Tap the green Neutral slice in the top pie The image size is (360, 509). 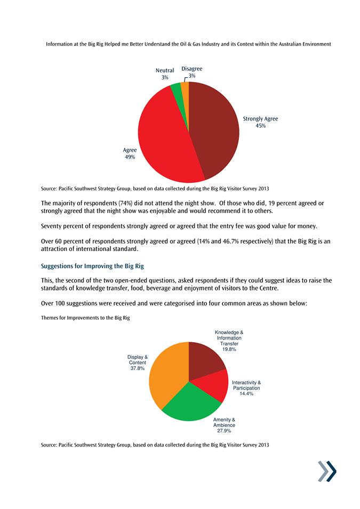click(x=176, y=86)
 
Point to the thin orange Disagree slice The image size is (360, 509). click(x=185, y=85)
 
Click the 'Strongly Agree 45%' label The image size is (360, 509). click(x=260, y=122)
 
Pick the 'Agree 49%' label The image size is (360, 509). click(x=130, y=153)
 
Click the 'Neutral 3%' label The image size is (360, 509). click(x=165, y=74)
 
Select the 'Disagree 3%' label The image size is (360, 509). click(x=192, y=72)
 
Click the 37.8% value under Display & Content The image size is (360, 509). click(x=138, y=368)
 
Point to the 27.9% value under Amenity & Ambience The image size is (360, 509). click(x=224, y=431)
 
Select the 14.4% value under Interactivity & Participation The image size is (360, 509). click(x=246, y=394)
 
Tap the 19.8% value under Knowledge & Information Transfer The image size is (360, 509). click(x=229, y=349)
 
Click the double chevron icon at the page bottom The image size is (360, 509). click(x=327, y=472)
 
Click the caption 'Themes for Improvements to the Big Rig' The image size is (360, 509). click(x=85, y=318)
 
